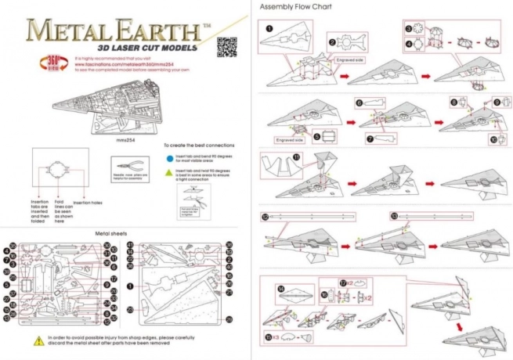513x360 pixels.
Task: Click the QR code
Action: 226,43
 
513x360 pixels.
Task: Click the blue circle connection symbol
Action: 168,157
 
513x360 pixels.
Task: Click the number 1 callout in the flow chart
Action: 269,27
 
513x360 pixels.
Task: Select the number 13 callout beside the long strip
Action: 394,215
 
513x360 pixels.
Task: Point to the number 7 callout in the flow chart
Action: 370,139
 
